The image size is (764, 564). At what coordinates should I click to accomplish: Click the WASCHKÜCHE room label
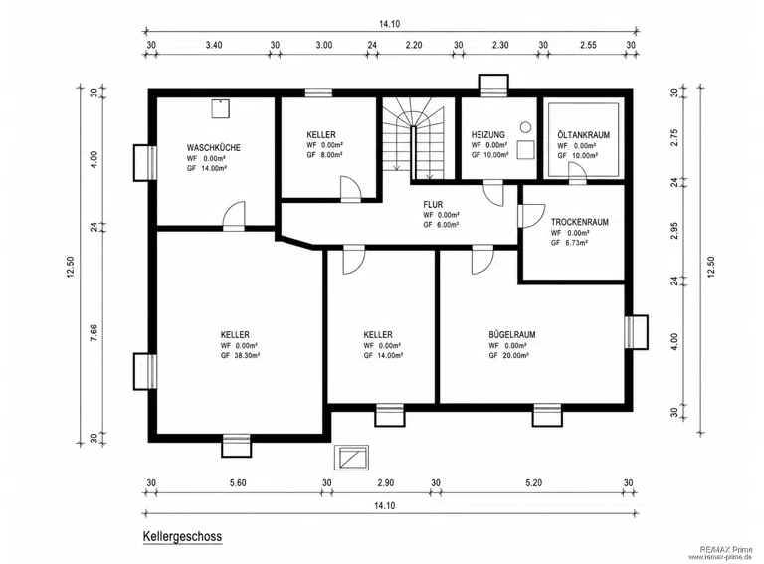pyautogui.click(x=214, y=147)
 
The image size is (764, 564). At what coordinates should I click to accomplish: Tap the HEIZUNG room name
pyautogui.click(x=487, y=135)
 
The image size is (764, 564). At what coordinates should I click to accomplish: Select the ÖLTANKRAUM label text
pyautogui.click(x=583, y=135)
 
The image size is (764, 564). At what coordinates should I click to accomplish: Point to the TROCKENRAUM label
pyautogui.click(x=579, y=222)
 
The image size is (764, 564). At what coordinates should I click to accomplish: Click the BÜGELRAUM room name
pyautogui.click(x=512, y=334)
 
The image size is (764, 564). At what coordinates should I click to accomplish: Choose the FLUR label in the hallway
pyautogui.click(x=433, y=205)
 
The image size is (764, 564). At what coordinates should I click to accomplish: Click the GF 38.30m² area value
pyautogui.click(x=240, y=355)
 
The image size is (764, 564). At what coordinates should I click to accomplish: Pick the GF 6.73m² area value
pyautogui.click(x=569, y=242)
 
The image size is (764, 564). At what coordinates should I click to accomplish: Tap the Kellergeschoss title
pyautogui.click(x=182, y=537)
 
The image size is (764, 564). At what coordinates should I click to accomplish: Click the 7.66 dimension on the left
pyautogui.click(x=94, y=332)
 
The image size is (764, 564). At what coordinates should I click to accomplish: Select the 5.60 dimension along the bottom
pyautogui.click(x=238, y=483)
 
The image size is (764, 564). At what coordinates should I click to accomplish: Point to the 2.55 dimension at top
pyautogui.click(x=588, y=45)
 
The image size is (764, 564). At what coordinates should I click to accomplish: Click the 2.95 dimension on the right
pyautogui.click(x=674, y=231)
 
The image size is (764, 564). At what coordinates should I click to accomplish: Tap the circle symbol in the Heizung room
pyautogui.click(x=525, y=127)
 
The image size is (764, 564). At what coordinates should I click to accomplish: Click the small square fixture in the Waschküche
pyautogui.click(x=220, y=108)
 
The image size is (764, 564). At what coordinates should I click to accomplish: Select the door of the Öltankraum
pyautogui.click(x=577, y=171)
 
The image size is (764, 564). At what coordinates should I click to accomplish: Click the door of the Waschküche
pyautogui.click(x=234, y=215)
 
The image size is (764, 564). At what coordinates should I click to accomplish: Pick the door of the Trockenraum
pyautogui.click(x=531, y=216)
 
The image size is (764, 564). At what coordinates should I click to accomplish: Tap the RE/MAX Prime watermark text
pyautogui.click(x=725, y=549)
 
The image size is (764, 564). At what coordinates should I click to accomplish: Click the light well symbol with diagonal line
pyautogui.click(x=351, y=458)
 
